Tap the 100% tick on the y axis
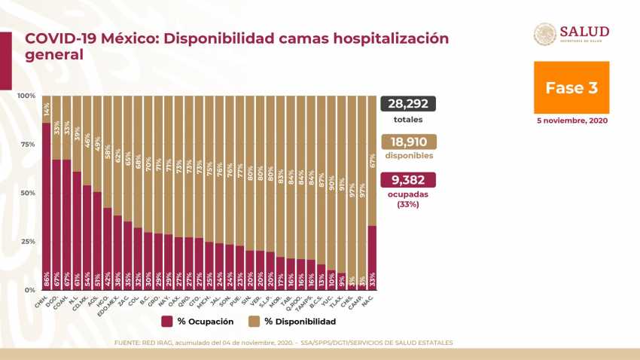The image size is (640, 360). [x=26, y=96]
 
